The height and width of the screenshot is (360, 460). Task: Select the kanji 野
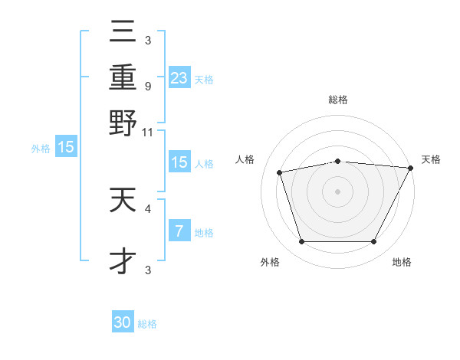pyautogui.click(x=123, y=123)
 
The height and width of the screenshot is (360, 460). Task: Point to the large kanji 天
pyautogui.click(x=123, y=201)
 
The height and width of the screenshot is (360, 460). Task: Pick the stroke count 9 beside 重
pyautogui.click(x=147, y=86)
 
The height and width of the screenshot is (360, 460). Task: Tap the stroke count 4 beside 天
pyautogui.click(x=147, y=208)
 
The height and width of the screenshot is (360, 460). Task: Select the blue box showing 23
pyautogui.click(x=179, y=77)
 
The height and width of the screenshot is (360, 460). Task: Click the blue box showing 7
pyautogui.click(x=179, y=231)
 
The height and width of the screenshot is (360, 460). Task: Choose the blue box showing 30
pyautogui.click(x=123, y=322)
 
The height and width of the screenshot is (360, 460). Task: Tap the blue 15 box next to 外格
pyautogui.click(x=66, y=147)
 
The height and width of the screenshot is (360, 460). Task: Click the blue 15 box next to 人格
pyautogui.click(x=179, y=162)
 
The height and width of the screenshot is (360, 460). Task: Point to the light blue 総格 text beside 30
pyautogui.click(x=147, y=324)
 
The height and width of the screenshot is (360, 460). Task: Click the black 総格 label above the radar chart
pyautogui.click(x=337, y=100)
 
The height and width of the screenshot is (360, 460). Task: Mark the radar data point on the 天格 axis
pyautogui.click(x=412, y=168)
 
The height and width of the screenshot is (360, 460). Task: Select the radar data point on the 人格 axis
pyautogui.click(x=280, y=172)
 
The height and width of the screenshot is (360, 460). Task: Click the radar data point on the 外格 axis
pyautogui.click(x=301, y=242)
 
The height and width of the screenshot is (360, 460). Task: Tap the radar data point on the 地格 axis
pyautogui.click(x=373, y=242)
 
